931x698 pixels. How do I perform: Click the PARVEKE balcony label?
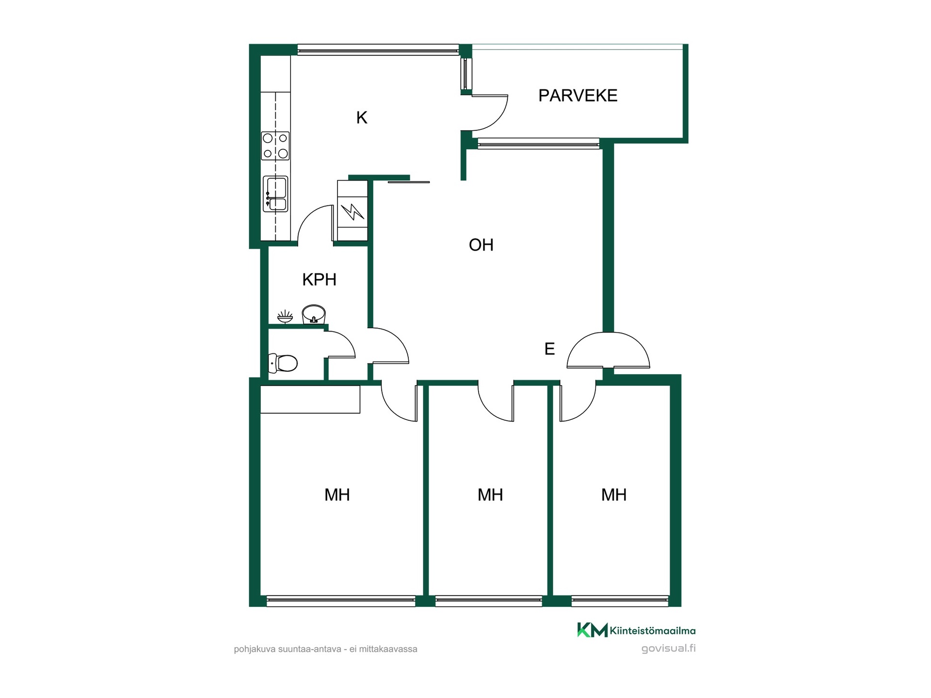click(x=578, y=95)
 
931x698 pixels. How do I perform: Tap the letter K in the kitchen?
click(x=362, y=117)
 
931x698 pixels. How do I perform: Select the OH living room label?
click(x=481, y=245)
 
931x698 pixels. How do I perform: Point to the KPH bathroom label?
click(x=319, y=279)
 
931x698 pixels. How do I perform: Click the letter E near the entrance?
click(x=549, y=349)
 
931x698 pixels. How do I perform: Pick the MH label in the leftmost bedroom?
click(x=337, y=494)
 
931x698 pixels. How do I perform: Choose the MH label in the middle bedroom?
click(x=490, y=494)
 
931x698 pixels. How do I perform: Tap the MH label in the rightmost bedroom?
click(x=614, y=494)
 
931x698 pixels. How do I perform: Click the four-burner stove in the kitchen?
click(x=275, y=146)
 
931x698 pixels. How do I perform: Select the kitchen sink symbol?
click(x=275, y=194)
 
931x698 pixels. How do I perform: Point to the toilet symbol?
click(x=283, y=363)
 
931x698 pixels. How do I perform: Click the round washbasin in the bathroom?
click(x=314, y=314)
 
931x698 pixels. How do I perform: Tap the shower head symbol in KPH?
click(x=285, y=317)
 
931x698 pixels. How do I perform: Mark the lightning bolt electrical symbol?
click(x=353, y=211)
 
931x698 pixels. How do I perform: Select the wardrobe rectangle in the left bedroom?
click(x=310, y=399)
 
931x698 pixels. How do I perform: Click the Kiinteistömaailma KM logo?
click(x=592, y=630)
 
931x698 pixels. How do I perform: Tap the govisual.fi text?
click(x=668, y=649)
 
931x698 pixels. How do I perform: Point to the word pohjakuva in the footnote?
click(x=255, y=649)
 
